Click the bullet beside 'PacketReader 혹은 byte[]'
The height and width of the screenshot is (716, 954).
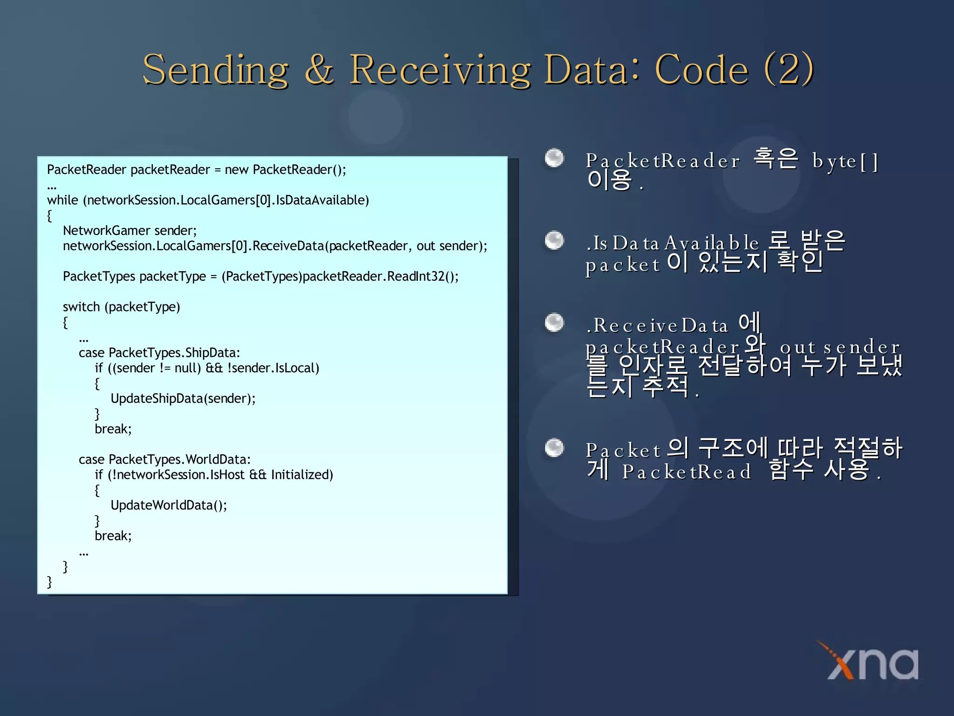point(554,158)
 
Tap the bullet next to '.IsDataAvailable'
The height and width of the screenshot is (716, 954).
point(554,241)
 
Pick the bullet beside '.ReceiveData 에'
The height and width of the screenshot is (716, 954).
point(554,323)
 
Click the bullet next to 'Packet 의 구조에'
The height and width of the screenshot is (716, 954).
point(554,448)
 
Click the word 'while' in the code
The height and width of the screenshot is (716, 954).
point(62,200)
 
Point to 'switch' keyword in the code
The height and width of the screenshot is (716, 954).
point(81,307)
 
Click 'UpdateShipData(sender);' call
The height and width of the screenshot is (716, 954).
point(183,399)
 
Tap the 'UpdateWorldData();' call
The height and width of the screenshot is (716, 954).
point(169,505)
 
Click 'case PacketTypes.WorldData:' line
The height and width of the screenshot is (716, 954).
point(164,460)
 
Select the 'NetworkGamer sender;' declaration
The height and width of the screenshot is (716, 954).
point(130,231)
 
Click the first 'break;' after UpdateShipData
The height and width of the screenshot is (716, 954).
point(113,429)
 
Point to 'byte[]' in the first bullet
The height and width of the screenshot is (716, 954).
point(845,161)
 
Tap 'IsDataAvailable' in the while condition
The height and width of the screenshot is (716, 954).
point(322,200)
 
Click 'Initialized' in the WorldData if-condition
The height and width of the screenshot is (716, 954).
point(302,475)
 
